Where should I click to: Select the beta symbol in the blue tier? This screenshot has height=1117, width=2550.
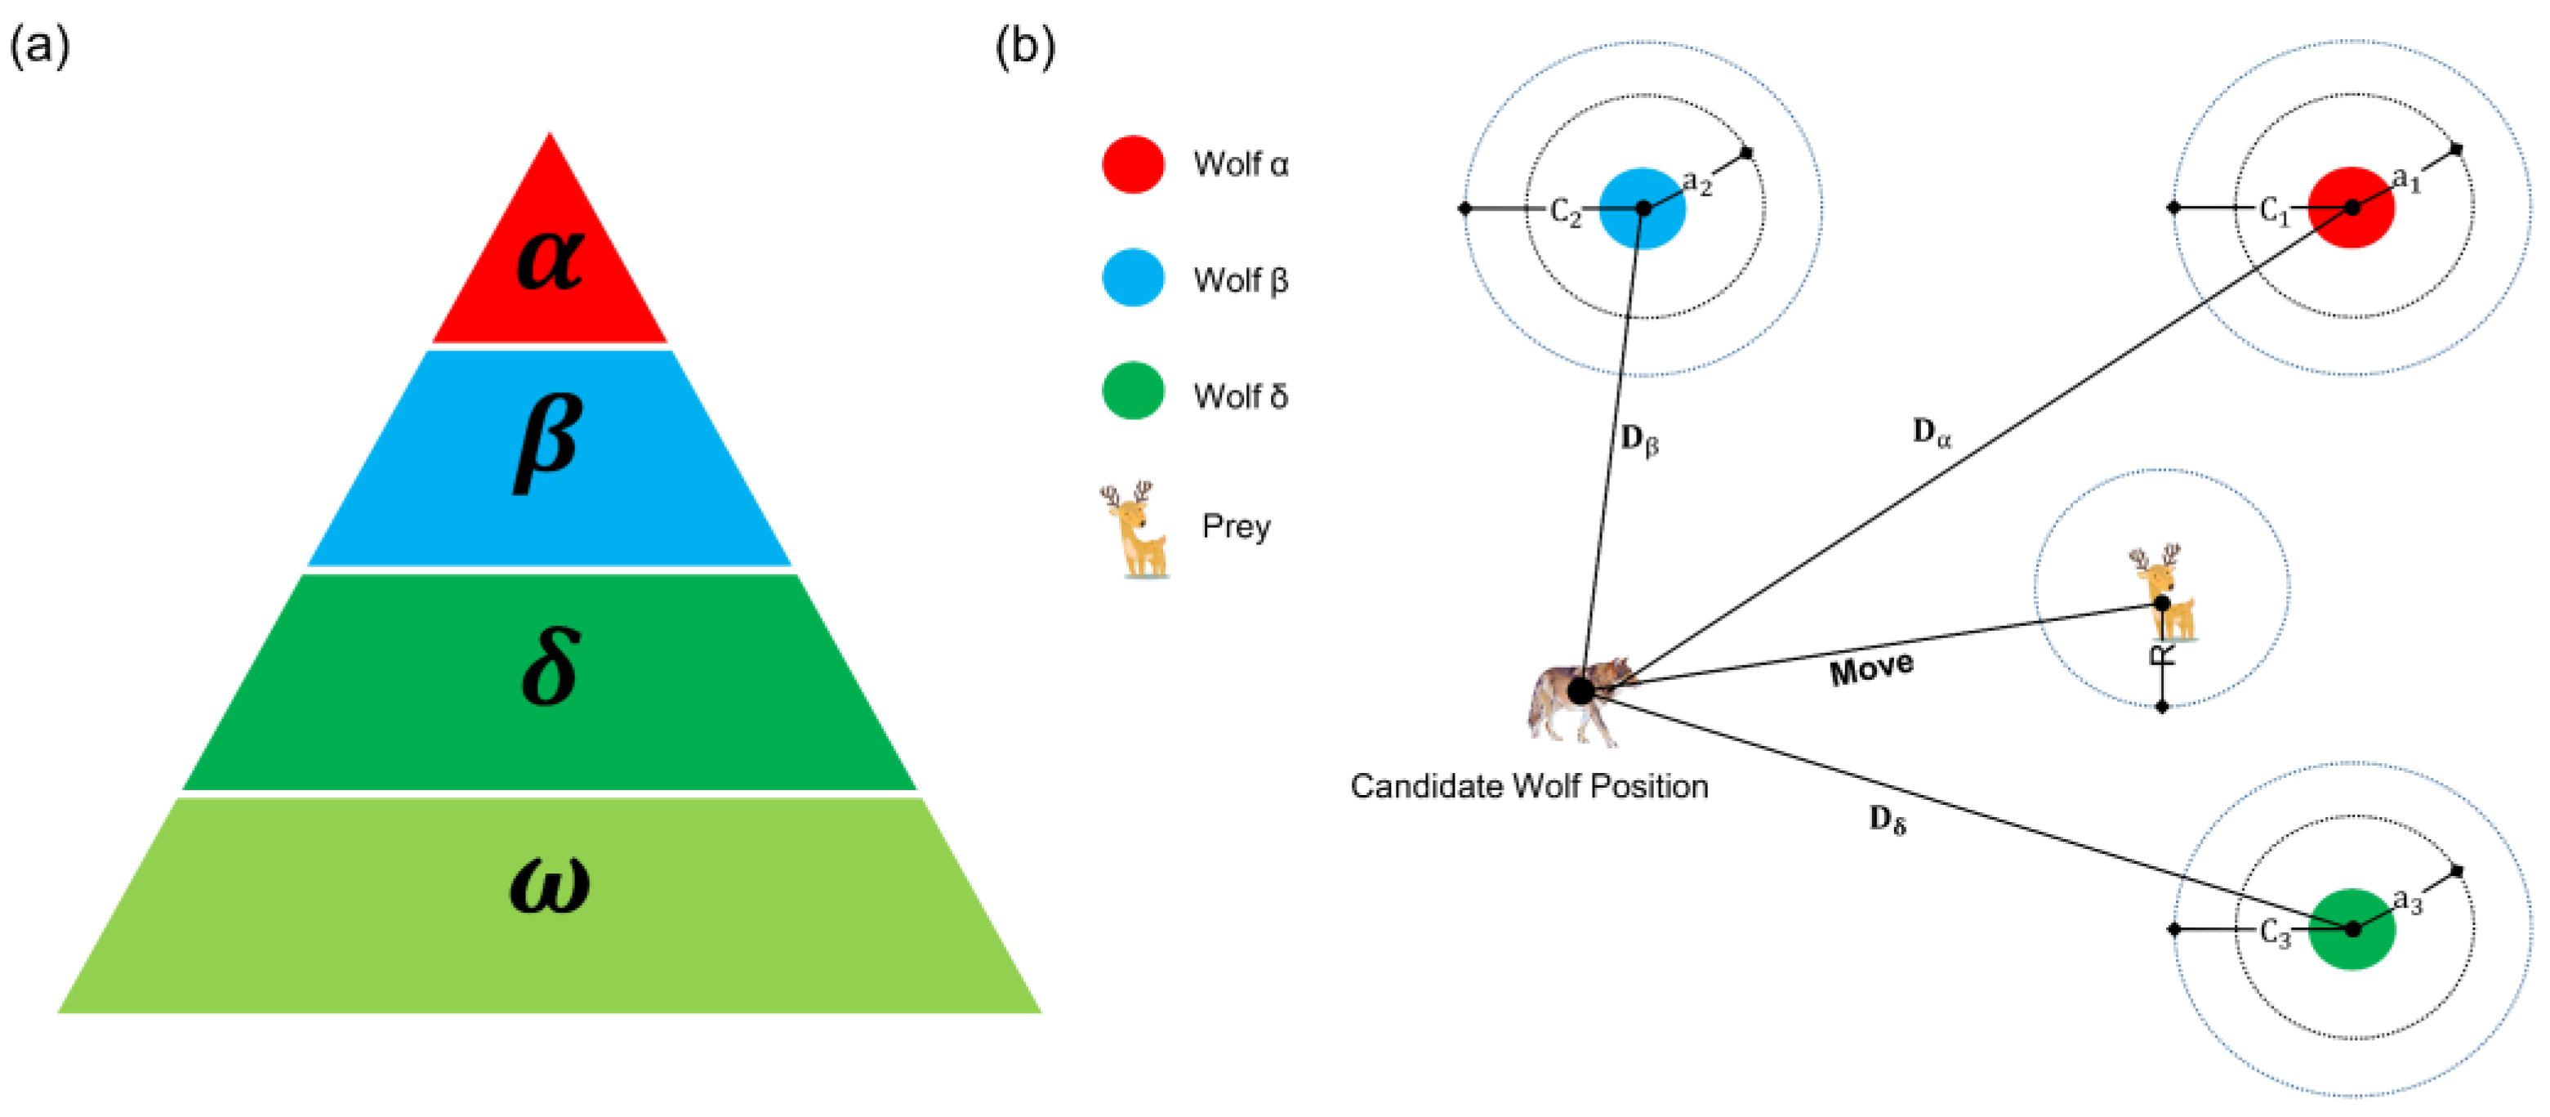[548, 441]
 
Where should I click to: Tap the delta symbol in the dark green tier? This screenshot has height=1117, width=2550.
[550, 667]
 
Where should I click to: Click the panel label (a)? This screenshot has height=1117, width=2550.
[39, 46]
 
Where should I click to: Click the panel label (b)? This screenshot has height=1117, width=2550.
[1024, 46]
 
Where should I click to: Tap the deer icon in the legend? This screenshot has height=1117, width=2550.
[1135, 529]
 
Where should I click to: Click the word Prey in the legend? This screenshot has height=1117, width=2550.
[1236, 526]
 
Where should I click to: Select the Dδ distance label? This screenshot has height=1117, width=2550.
[1887, 820]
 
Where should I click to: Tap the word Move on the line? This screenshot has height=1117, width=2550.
[1871, 668]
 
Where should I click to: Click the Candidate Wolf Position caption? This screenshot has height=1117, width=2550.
[1528, 786]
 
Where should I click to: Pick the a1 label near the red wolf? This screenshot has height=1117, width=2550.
[2406, 181]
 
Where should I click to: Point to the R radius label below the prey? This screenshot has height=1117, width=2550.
[2161, 655]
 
